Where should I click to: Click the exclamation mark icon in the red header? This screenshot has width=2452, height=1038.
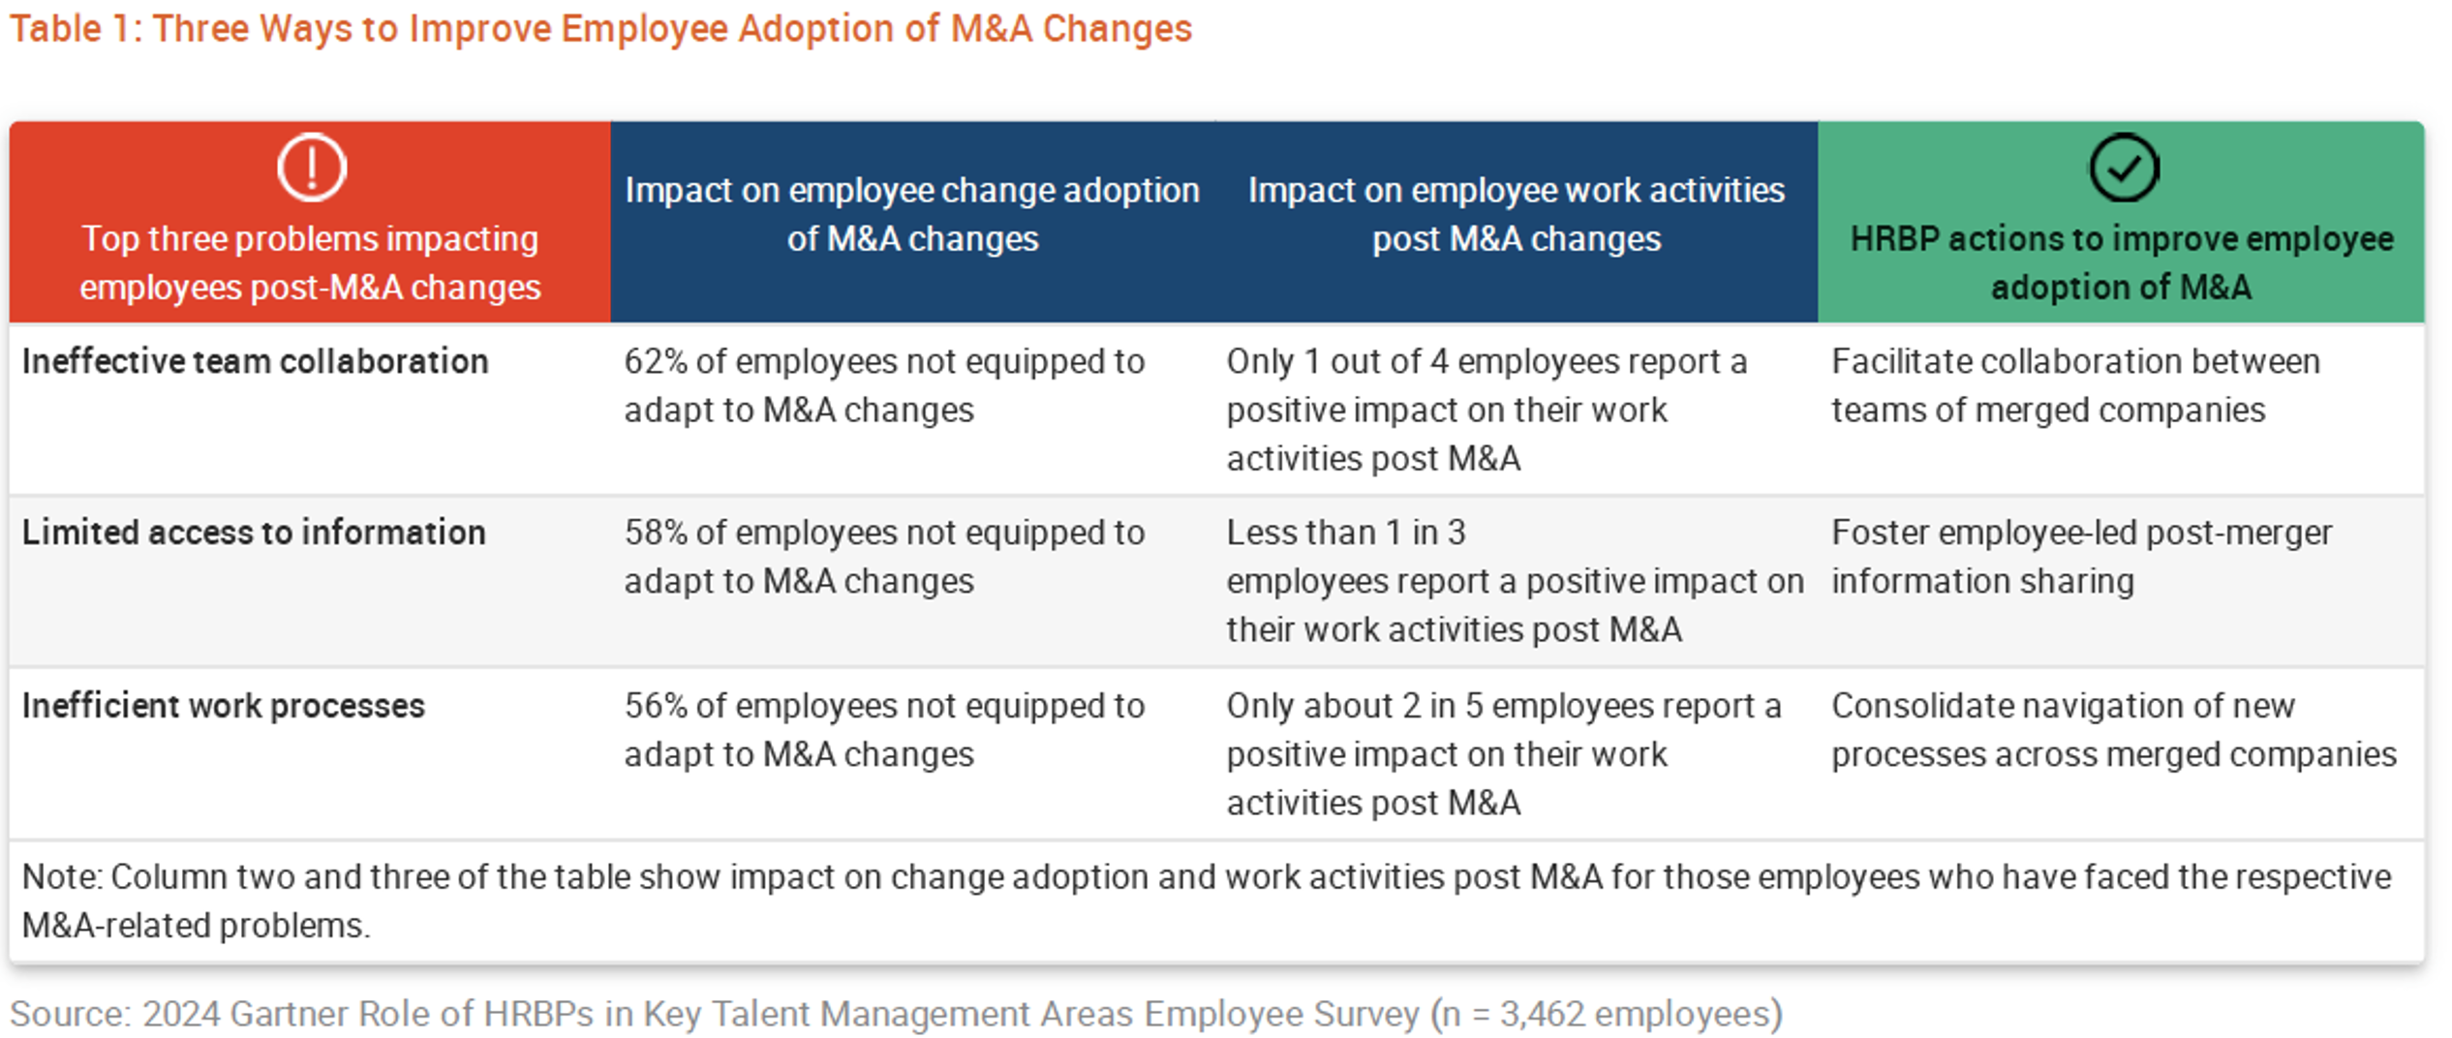click(x=312, y=168)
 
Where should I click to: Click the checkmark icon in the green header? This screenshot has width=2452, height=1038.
click(x=2123, y=168)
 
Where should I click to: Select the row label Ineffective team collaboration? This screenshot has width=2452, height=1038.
click(x=256, y=361)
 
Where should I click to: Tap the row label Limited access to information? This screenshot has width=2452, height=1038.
click(x=254, y=533)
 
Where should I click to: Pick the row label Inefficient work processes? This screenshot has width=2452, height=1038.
click(x=224, y=706)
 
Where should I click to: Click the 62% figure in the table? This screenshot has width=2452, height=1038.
click(x=656, y=361)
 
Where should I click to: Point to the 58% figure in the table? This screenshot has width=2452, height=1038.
click(x=656, y=533)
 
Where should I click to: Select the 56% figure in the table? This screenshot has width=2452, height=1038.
click(x=656, y=706)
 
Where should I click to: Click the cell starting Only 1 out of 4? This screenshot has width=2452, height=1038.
click(x=1487, y=410)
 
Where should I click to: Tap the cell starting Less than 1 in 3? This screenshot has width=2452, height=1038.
click(x=1516, y=581)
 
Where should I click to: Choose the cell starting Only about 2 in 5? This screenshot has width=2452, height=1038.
click(x=1504, y=754)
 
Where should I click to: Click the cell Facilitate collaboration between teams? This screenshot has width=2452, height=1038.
click(x=2075, y=385)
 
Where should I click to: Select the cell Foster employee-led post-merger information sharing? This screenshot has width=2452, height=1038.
click(x=2082, y=557)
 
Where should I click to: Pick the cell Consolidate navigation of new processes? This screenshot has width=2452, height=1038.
click(x=2114, y=730)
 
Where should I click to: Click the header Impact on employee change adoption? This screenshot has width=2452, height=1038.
click(x=912, y=214)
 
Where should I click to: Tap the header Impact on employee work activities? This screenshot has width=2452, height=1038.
click(x=1517, y=214)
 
